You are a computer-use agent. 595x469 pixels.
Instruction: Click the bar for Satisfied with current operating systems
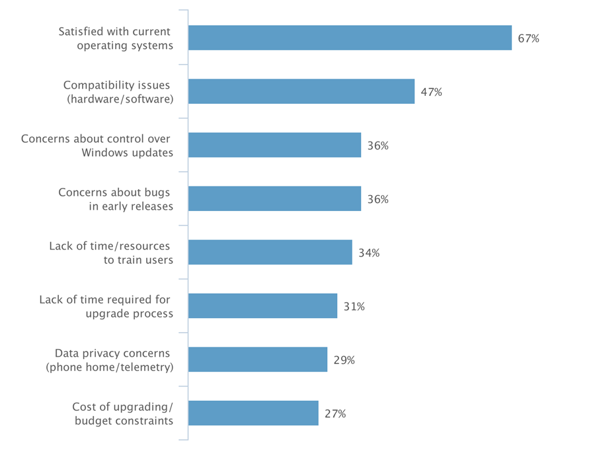tap(350, 38)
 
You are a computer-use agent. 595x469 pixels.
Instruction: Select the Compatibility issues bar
tap(301, 92)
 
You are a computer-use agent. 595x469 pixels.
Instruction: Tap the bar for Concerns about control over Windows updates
tap(274, 145)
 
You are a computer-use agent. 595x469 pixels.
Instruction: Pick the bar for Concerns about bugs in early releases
tap(274, 198)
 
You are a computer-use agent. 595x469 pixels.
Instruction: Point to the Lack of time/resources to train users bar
tap(270, 252)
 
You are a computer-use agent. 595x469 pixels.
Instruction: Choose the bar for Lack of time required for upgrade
tap(262, 306)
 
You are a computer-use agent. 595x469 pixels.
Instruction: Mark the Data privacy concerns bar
tap(258, 359)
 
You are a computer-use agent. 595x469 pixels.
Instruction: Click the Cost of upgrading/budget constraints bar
tap(253, 413)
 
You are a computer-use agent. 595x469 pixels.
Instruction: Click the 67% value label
tap(528, 38)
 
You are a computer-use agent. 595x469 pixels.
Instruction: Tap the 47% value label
tap(431, 92)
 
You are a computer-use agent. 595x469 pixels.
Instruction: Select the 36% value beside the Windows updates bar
tap(377, 146)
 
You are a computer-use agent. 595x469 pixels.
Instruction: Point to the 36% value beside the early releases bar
tap(377, 199)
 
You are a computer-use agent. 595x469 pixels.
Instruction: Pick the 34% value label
tap(369, 253)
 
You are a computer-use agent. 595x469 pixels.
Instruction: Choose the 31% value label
tap(354, 306)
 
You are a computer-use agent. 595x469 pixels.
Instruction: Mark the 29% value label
tap(344, 360)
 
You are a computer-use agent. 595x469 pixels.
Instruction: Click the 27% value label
tap(335, 413)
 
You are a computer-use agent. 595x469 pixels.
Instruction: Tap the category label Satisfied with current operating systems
tap(115, 38)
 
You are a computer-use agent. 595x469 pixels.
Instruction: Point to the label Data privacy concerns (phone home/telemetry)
tap(108, 360)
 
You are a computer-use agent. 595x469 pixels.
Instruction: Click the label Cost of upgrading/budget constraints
tap(122, 413)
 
